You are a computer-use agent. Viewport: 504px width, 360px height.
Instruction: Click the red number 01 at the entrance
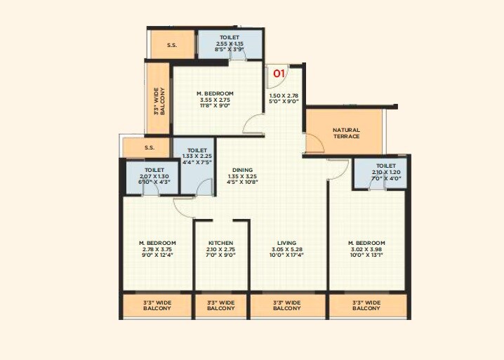[x=279, y=72]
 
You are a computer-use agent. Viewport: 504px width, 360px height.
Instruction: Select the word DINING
[x=243, y=170]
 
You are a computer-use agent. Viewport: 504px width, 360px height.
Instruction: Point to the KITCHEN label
[x=221, y=243]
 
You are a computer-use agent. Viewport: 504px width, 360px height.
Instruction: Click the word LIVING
[x=286, y=243]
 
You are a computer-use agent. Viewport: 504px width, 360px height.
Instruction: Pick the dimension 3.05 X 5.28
[x=286, y=249]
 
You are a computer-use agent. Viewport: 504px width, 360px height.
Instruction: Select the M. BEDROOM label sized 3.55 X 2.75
[x=215, y=93]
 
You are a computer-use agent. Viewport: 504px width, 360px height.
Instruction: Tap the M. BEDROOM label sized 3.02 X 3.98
[x=366, y=243]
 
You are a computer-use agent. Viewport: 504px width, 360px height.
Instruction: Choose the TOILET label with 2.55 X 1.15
[x=229, y=37]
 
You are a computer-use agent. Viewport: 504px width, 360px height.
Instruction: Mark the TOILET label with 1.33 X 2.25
[x=197, y=150]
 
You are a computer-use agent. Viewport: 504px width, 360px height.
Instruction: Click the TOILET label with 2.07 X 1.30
[x=154, y=170]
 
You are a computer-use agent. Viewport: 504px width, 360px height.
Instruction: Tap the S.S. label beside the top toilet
[x=171, y=46]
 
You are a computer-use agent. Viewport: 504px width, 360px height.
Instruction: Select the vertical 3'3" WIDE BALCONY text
[x=159, y=100]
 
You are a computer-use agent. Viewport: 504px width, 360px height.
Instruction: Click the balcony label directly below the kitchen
[x=221, y=305]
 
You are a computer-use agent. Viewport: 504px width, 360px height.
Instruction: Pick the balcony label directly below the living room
[x=286, y=305]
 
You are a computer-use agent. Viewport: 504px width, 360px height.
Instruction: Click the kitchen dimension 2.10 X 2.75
[x=221, y=249]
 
